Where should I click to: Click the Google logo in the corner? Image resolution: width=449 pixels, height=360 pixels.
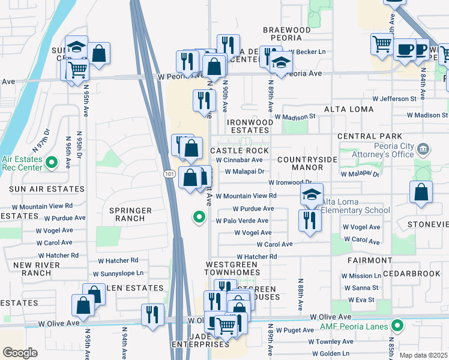20,353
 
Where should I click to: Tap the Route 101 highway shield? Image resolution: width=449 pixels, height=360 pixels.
169,173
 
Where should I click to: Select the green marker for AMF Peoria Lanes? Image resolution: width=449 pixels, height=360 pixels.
396,326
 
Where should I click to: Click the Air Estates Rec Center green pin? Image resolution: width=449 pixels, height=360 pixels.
51,162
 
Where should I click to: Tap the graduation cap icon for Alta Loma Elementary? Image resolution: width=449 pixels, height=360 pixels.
312,194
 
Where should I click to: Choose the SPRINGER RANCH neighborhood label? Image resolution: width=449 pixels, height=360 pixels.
127,214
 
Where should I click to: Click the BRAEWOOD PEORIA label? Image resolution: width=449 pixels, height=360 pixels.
287,34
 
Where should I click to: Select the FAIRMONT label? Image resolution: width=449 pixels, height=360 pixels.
369,260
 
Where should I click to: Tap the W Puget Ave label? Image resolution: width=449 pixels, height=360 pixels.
294,330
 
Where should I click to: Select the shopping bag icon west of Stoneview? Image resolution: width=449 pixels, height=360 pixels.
421,193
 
